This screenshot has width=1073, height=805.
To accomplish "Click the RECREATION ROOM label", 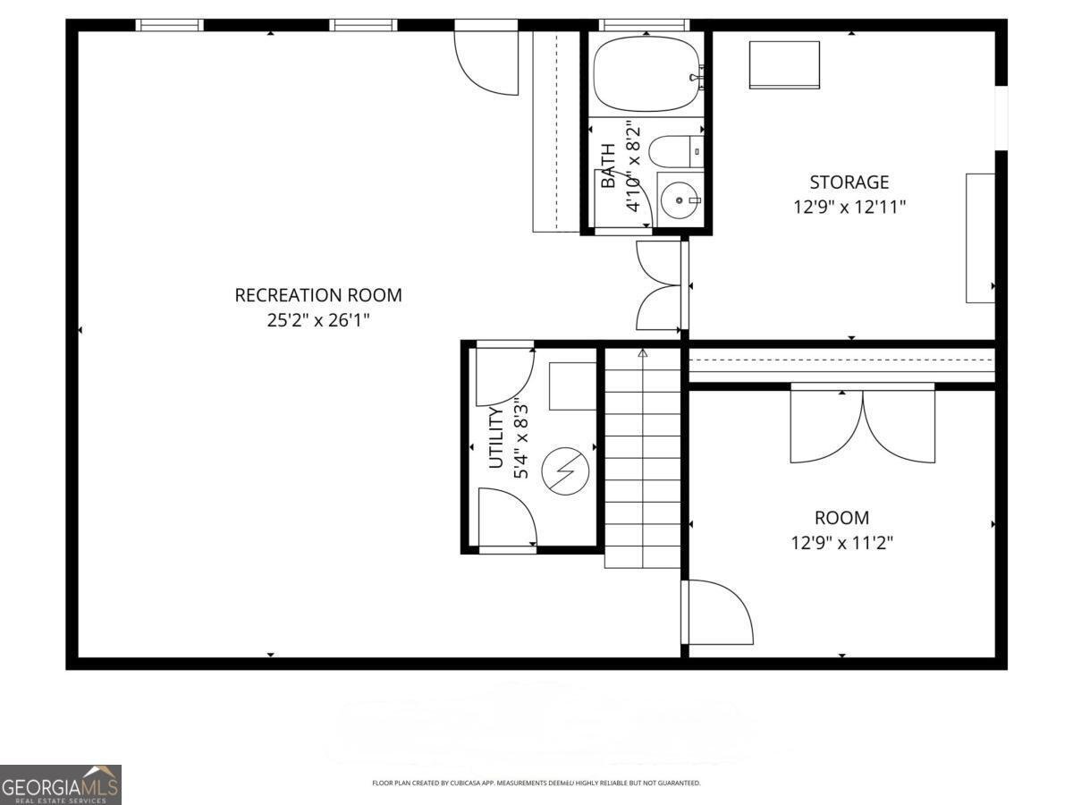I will click(x=318, y=295).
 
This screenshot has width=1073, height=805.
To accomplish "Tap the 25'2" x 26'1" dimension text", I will click(x=318, y=320).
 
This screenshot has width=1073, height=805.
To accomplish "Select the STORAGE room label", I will click(x=849, y=182).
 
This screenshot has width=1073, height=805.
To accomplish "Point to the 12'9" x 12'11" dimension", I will click(x=849, y=208).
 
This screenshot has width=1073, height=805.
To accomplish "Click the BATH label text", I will click(x=608, y=166).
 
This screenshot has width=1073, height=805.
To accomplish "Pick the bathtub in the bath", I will click(x=646, y=73).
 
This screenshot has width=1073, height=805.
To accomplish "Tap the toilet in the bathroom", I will click(x=675, y=151).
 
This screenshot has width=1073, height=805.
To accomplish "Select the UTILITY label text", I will click(x=497, y=438).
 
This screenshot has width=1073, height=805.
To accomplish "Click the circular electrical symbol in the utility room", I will click(x=566, y=470).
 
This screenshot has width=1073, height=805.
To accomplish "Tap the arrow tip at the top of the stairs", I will click(x=642, y=353).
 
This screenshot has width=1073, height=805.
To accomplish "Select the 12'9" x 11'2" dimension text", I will click(x=841, y=542).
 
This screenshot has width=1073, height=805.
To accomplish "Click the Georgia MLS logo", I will click(x=60, y=784).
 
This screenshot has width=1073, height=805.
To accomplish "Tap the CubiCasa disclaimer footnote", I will click(x=536, y=784).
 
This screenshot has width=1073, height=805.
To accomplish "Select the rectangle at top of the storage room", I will click(x=784, y=64).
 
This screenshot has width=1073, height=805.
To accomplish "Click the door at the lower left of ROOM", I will click(x=718, y=613).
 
